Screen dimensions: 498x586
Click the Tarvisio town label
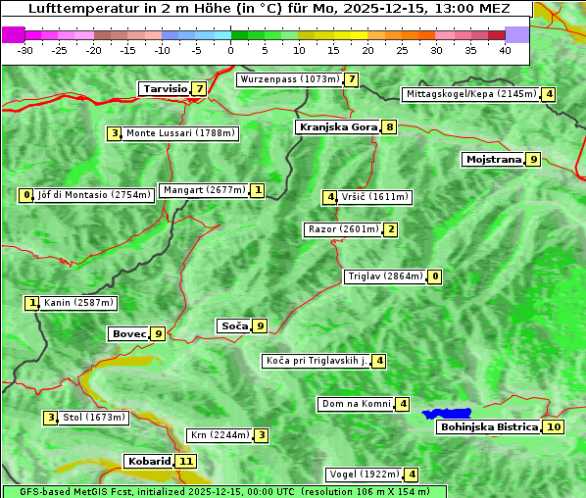164,88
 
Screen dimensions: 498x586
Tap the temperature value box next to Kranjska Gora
389,126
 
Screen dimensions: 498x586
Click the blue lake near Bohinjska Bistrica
448,414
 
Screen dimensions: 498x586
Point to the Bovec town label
128,333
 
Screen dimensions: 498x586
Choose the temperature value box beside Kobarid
186,461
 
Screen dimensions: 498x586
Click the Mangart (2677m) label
203,190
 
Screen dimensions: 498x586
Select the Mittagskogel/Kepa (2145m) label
470,94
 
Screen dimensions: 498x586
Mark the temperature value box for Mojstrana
533,159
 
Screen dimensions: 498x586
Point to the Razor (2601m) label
343,229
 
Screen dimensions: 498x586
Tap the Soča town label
233,325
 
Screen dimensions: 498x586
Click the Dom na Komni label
356,404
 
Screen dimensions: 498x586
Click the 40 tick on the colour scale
505,50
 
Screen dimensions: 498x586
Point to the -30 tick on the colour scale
25,50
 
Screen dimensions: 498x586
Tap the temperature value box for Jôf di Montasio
25,195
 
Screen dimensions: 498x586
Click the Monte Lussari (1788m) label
180,133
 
